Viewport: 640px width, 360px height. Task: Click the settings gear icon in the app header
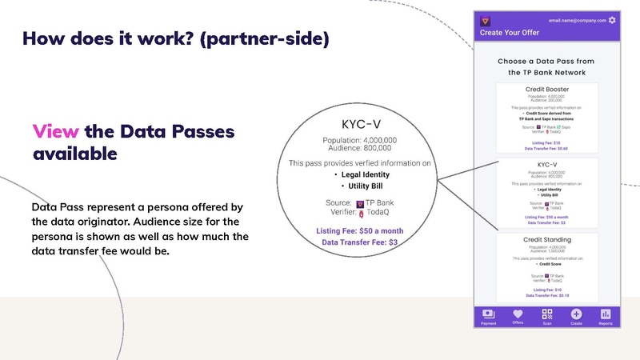613,20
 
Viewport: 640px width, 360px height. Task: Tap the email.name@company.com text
576,20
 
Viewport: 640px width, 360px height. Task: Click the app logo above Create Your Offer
485,20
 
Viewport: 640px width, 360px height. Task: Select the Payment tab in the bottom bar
487,317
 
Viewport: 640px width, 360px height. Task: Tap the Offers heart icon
518,314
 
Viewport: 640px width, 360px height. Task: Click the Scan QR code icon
546,314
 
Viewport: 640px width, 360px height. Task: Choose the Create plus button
576,314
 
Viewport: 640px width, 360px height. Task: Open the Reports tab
606,317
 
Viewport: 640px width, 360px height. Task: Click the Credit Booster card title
546,88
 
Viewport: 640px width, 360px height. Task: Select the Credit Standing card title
546,240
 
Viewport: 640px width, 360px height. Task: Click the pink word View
54,131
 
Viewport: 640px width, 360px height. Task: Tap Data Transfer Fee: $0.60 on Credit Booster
546,148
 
